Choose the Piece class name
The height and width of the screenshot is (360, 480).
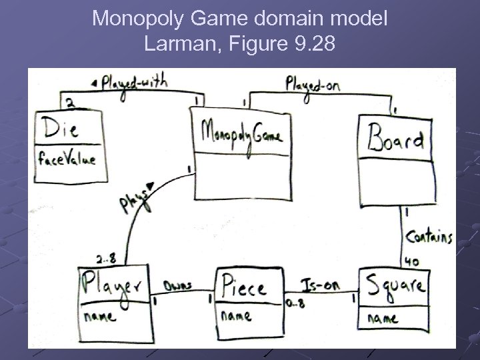point(243,287)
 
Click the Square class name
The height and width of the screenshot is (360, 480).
point(395,287)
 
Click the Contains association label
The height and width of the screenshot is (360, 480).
point(429,237)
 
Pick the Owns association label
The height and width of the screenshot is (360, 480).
point(177,285)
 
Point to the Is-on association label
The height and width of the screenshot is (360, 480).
point(321,285)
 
